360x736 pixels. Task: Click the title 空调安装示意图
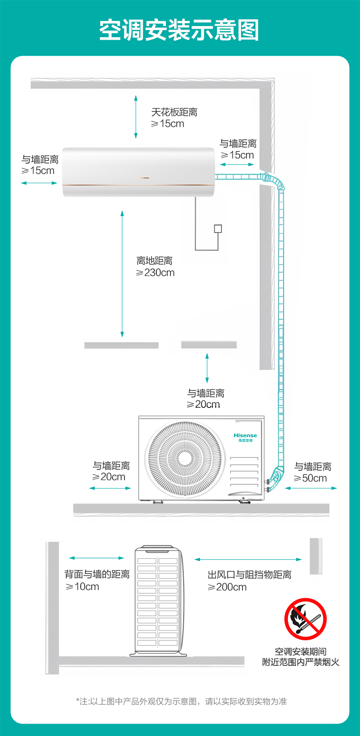point(179,30)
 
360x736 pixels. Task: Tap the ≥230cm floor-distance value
point(155,273)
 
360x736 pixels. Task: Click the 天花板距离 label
point(174,112)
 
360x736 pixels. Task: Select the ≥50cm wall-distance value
point(310,478)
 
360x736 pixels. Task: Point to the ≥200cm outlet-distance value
point(227,587)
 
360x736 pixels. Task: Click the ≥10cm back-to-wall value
point(82,587)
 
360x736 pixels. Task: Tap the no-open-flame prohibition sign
point(305,619)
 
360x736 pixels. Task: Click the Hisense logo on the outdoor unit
point(245,437)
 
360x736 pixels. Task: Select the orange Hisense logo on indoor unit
point(144,178)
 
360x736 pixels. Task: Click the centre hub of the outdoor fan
point(185,458)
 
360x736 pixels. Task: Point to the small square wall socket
point(218,229)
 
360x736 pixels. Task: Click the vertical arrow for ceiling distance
point(136,117)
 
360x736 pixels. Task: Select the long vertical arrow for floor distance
point(122,274)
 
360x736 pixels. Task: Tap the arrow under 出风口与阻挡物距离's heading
point(248,559)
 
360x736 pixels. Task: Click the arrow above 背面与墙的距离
point(97,558)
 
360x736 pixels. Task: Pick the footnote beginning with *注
point(181,701)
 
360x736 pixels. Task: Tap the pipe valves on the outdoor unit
point(267,486)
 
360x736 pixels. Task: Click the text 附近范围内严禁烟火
point(301,662)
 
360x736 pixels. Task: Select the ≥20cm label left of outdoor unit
point(108,477)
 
